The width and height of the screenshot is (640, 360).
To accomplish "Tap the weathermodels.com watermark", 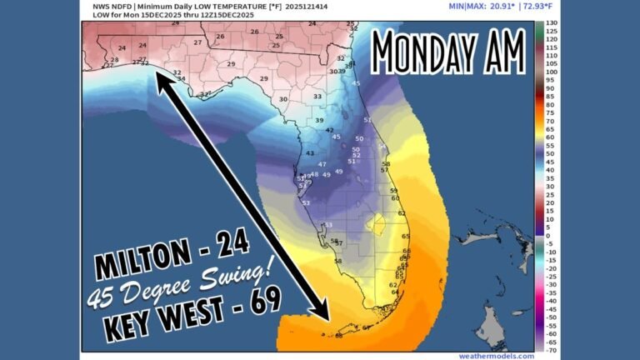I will (x=502, y=355).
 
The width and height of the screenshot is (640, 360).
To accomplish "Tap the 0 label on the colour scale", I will (x=549, y=236).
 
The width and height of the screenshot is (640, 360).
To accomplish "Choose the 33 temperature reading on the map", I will (x=317, y=97).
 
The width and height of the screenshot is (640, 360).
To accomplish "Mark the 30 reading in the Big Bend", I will (x=283, y=99).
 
